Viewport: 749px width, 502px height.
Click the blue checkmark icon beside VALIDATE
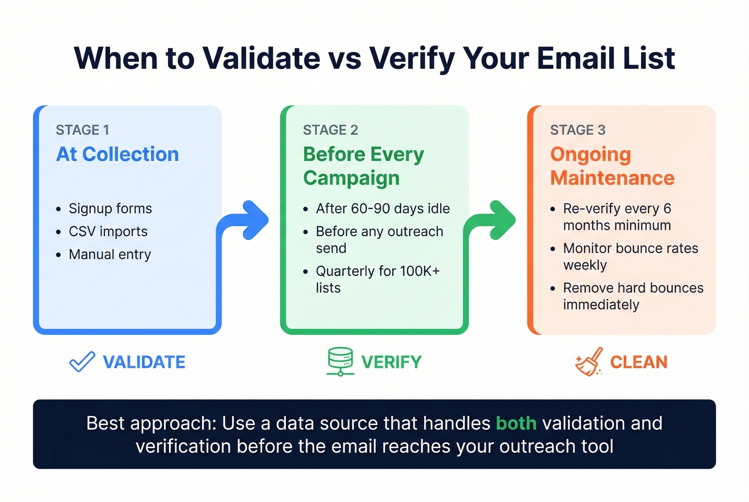coord(82,362)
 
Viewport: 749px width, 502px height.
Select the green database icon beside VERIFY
coord(340,361)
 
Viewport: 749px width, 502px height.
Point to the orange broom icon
coord(588,362)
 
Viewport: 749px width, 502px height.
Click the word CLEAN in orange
coord(639,362)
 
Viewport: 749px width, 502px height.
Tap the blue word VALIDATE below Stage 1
coord(144,362)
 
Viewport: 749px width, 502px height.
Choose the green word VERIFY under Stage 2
coord(391,362)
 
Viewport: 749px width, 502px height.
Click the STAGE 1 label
coord(82,130)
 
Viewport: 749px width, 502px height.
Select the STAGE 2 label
coord(330,130)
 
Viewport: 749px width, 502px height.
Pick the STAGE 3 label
coord(578,130)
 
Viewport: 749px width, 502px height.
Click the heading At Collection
coord(118,155)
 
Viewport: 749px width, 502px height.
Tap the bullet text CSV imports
coord(108,231)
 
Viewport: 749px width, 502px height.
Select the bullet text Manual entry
coord(110,254)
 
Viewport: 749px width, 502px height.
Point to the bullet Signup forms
coord(110,208)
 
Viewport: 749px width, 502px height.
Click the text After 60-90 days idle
coord(383,208)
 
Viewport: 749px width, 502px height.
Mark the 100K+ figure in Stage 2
coord(419,271)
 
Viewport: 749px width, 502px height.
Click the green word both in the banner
coord(516,423)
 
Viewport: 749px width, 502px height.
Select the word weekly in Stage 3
coord(585,265)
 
